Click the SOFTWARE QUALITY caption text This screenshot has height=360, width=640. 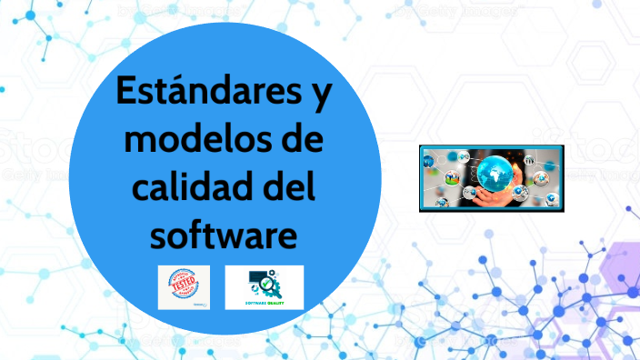coord(264,301)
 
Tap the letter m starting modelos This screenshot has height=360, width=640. coord(140,144)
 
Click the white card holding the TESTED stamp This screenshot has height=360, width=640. coord(183,286)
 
